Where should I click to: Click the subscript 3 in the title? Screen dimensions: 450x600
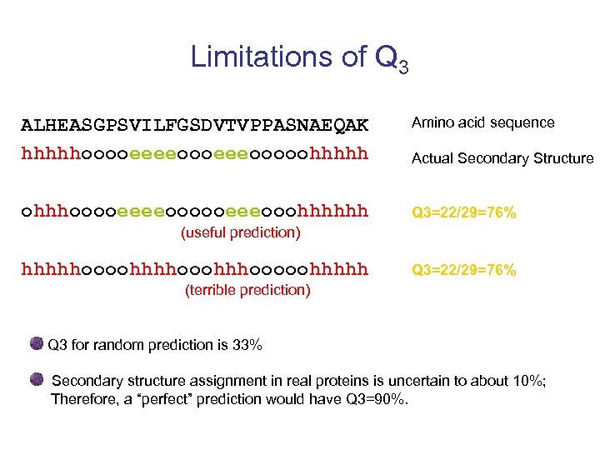coord(403,66)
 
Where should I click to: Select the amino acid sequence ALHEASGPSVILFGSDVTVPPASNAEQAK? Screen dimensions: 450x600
coord(194,126)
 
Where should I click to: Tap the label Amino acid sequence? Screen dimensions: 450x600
coord(482,122)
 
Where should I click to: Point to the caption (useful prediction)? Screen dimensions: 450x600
coord(240,232)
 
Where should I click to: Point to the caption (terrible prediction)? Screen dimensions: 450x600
coord(246,290)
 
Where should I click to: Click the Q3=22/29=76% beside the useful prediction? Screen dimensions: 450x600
coord(464,213)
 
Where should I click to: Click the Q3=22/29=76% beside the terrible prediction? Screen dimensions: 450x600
coord(464,270)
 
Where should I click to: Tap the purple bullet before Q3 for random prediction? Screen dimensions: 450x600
coord(37,343)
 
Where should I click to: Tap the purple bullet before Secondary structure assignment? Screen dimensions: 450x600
coord(37,380)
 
